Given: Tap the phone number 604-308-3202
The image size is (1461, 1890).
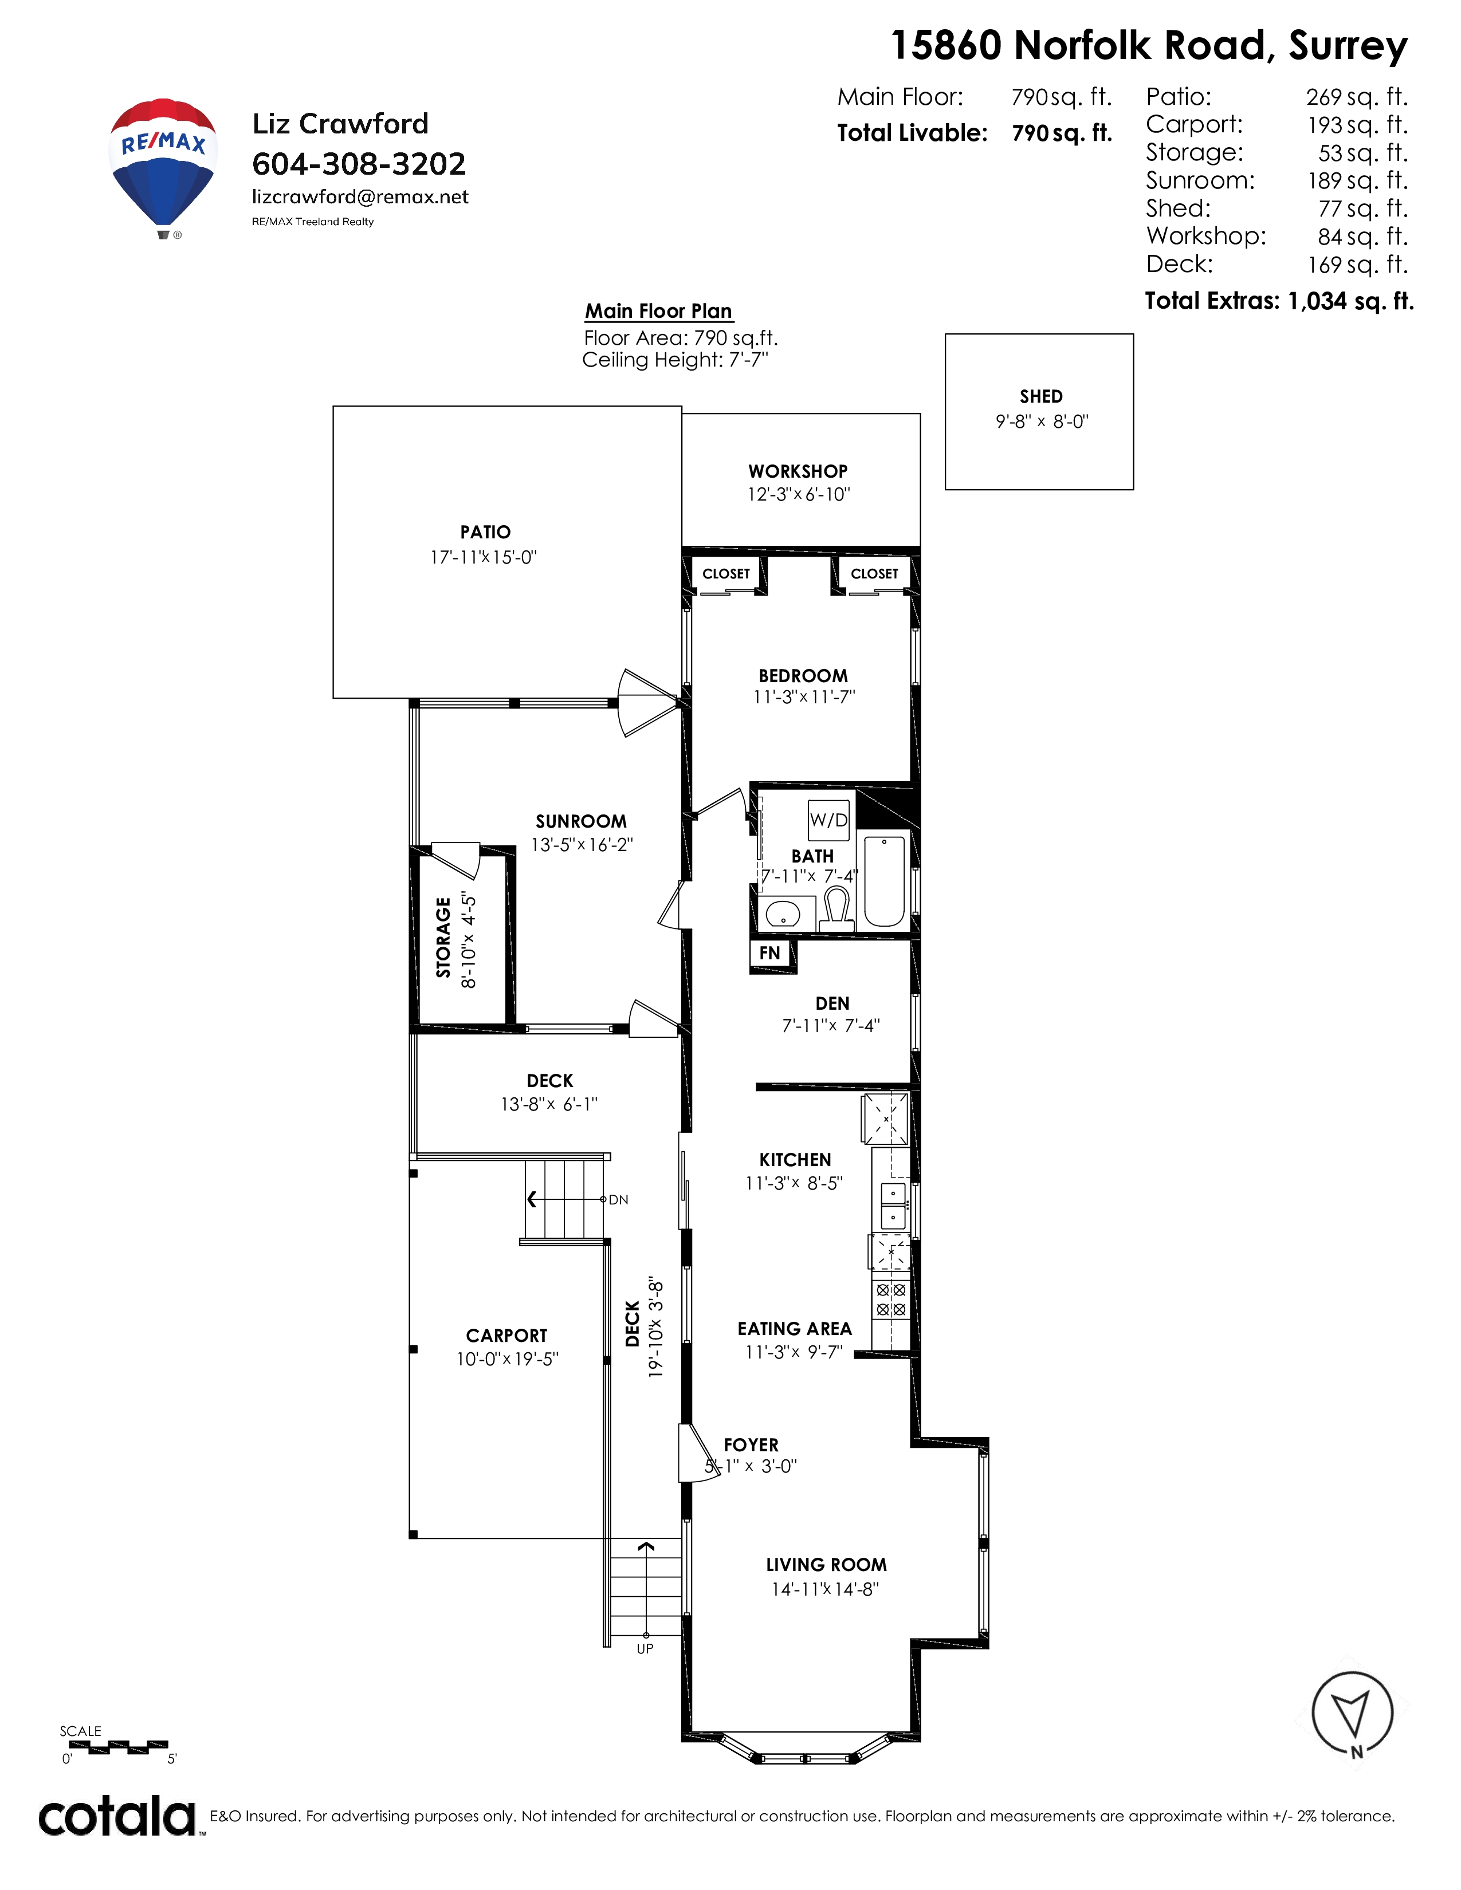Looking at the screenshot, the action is (358, 164).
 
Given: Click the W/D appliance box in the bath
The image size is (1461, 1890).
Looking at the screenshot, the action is (828, 820).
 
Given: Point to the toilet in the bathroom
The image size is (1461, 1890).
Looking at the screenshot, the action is (836, 909).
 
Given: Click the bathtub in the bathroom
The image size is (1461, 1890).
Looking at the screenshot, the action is (885, 880).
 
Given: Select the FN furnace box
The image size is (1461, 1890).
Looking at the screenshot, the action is (770, 954).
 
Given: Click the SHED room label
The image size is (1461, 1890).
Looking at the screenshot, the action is (1041, 396).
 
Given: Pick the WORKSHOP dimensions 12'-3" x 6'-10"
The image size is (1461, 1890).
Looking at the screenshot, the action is (799, 494).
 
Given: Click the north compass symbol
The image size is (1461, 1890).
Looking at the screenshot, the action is (1352, 1714).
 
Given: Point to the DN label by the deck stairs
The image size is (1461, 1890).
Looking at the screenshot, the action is (619, 1199).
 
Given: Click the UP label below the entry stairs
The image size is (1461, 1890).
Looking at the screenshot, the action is (645, 1648).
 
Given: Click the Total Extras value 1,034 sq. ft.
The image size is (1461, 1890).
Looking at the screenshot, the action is (1350, 301).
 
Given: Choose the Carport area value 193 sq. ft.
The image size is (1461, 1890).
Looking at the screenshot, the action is (1357, 125).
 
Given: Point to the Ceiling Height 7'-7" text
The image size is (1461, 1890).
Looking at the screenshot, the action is (675, 360).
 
